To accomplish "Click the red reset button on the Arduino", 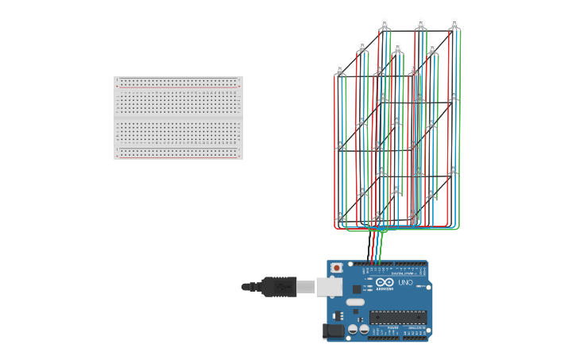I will coord(336,269).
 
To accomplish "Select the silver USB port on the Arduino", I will coord(328,286).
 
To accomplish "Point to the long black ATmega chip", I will coord(397,317).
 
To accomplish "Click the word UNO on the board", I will coord(404,283).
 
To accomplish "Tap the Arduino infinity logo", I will coord(385,283).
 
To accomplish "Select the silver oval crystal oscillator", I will coord(354,302).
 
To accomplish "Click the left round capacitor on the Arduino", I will coord(353,328).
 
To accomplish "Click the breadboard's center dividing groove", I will coord(178,118).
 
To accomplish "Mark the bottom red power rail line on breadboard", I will coord(178,157).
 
